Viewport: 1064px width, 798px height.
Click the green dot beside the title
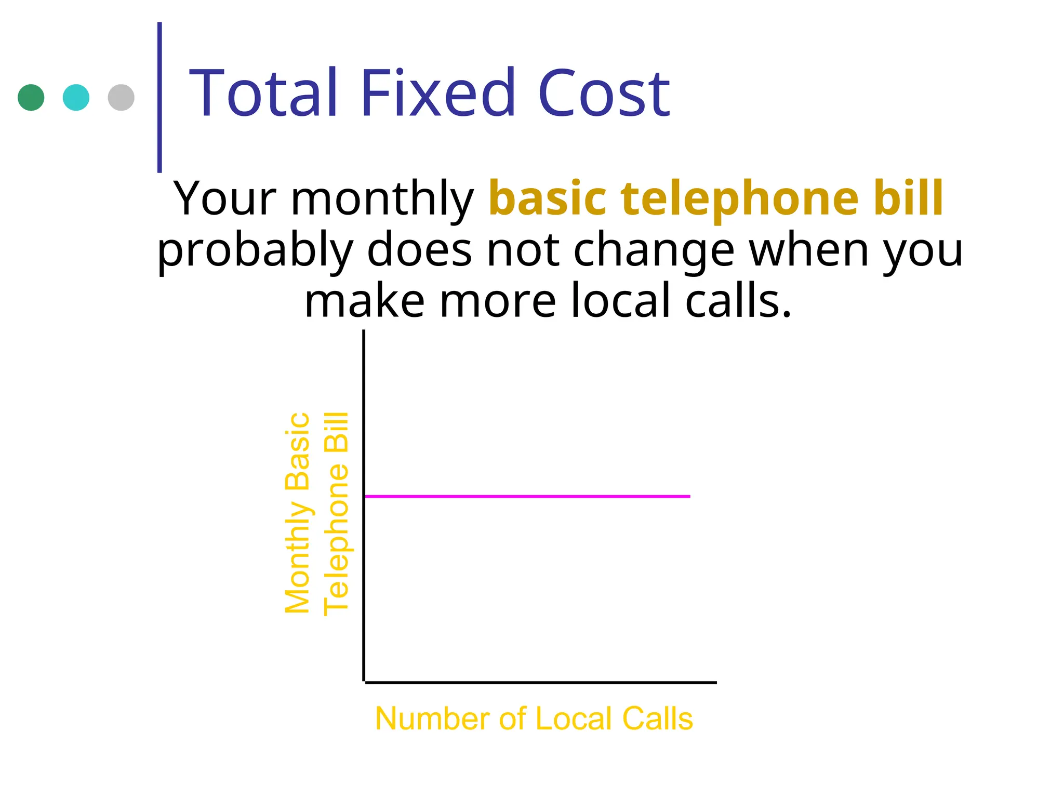[31, 97]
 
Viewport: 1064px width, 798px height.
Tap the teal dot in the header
[76, 97]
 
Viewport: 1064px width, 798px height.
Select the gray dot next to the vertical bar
[121, 97]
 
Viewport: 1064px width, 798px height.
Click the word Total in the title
[264, 94]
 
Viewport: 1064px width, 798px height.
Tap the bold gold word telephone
[740, 198]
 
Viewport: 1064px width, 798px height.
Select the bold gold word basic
[548, 198]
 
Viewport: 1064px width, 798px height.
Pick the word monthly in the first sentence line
[382, 199]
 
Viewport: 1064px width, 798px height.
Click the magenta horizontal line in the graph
[527, 497]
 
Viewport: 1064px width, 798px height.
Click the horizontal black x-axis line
[540, 682]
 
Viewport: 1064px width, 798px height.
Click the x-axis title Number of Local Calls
[534, 719]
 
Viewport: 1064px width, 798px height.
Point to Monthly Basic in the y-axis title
[298, 513]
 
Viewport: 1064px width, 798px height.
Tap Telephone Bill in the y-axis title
[336, 513]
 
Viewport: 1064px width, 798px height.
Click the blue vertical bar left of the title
[159, 97]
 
